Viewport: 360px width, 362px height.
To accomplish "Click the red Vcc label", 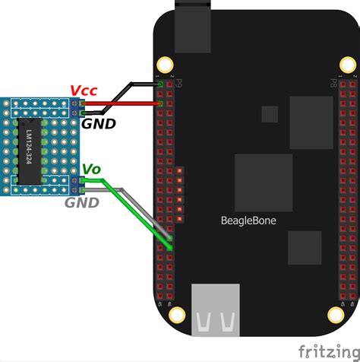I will [83, 90].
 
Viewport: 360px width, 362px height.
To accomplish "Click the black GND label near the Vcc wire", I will [99, 123].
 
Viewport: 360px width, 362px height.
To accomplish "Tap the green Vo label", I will [91, 169].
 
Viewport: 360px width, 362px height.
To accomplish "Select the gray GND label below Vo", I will [81, 202].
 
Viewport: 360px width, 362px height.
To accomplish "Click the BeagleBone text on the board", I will [248, 221].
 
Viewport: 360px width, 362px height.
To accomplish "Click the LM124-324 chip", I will [28, 151].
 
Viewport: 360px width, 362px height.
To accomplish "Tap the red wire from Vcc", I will [122, 104].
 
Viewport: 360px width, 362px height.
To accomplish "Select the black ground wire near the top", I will [122, 95].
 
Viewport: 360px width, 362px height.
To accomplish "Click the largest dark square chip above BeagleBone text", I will [264, 183].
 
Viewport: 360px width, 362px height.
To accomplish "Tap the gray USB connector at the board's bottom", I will [216, 310].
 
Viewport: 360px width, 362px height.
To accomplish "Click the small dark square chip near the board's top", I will [270, 114].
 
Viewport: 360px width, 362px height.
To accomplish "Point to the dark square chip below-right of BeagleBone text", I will [304, 247].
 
